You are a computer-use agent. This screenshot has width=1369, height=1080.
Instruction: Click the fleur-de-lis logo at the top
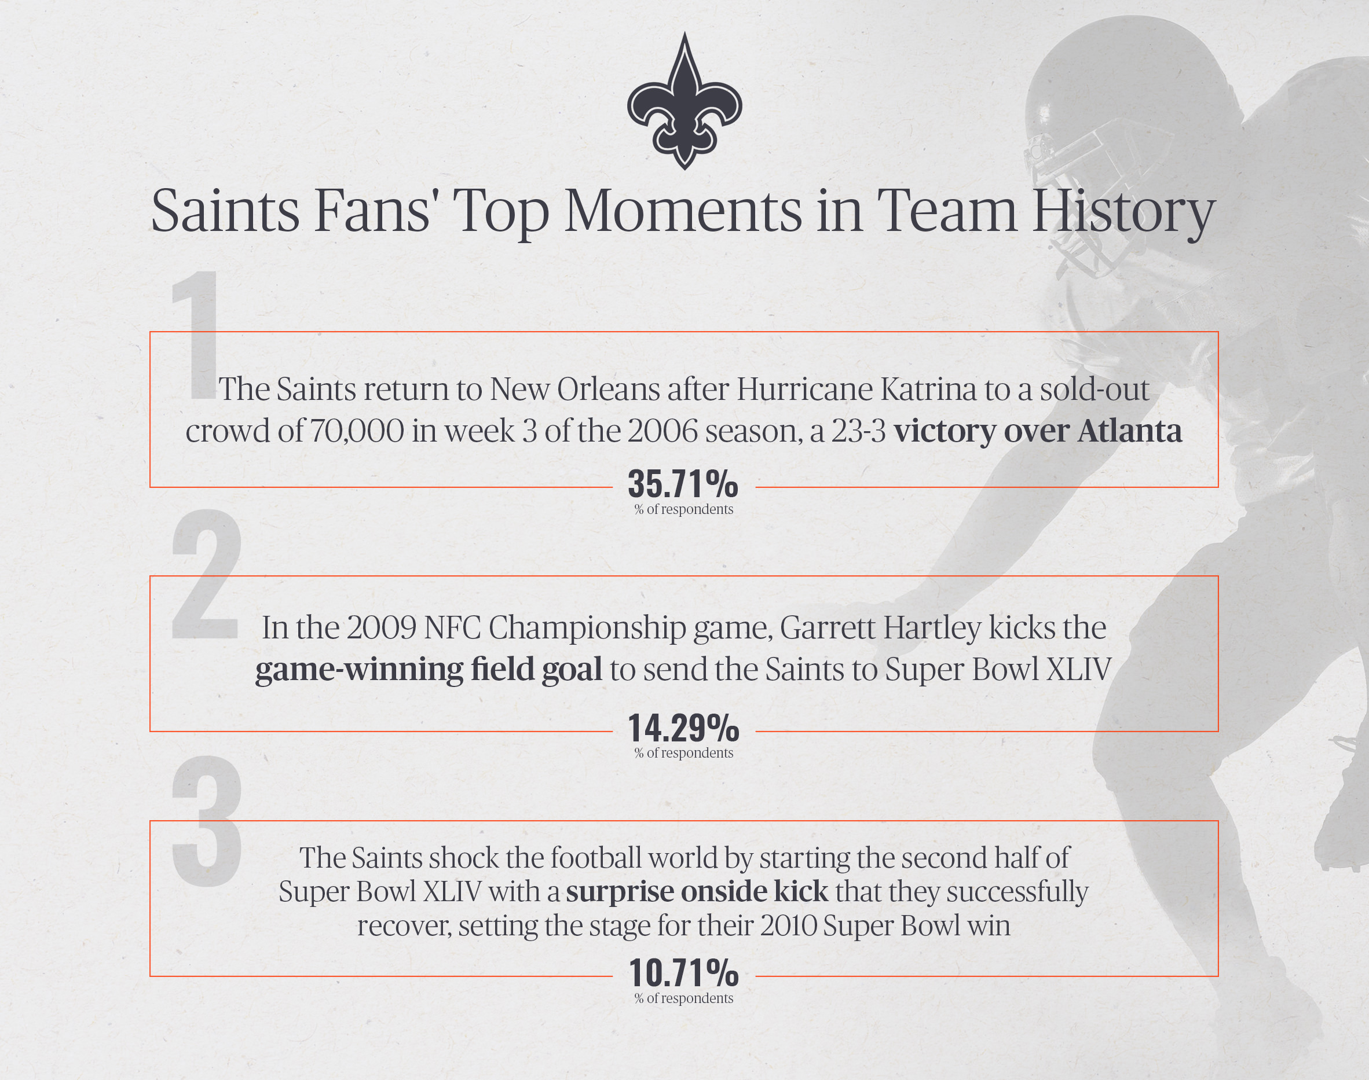coord(684,101)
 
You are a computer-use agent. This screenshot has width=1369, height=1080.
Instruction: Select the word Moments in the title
coord(682,210)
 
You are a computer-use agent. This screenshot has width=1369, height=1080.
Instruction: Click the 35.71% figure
coord(683,484)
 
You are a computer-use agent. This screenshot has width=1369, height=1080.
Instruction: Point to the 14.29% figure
coord(683,729)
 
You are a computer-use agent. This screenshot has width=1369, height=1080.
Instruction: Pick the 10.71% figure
coord(683,973)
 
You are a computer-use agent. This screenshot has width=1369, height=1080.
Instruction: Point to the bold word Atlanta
coord(1130,431)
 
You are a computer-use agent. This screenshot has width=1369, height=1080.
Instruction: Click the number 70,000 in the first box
coord(357,432)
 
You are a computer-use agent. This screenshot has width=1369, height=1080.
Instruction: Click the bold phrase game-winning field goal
coord(429,670)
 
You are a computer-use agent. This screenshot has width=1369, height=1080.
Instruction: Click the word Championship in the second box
coord(587,628)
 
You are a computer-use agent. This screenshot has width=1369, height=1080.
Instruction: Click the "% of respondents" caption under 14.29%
coord(684,753)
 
